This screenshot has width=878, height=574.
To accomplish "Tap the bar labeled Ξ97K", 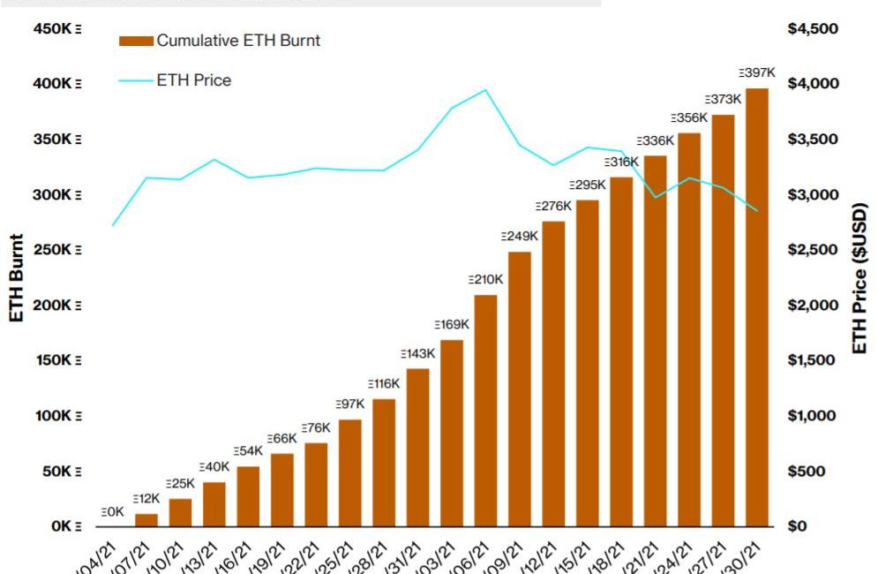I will [x=350, y=473].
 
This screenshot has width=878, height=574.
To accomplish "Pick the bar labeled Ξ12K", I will [x=146, y=520].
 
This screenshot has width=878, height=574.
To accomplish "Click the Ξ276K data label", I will [x=553, y=206].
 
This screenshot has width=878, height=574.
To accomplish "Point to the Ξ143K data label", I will [x=417, y=353].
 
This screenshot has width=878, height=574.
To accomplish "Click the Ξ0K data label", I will [x=112, y=511].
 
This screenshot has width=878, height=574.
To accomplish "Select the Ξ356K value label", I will [x=689, y=117].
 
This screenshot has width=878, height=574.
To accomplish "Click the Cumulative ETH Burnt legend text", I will [x=238, y=41].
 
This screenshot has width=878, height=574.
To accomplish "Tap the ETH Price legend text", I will [x=194, y=80].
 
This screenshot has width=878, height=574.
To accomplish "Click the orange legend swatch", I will [x=136, y=41].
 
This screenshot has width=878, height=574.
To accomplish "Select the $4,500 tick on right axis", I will [x=813, y=29].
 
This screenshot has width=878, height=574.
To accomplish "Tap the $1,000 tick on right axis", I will [x=813, y=416].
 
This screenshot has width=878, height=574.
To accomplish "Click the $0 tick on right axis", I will [x=799, y=526].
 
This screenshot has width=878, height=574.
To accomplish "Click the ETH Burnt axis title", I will [x=17, y=278].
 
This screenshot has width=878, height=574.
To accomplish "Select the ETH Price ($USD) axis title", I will [x=860, y=278].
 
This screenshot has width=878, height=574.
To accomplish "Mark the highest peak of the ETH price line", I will [x=485, y=89].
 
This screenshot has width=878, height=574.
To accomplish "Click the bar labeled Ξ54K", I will [x=248, y=496].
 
